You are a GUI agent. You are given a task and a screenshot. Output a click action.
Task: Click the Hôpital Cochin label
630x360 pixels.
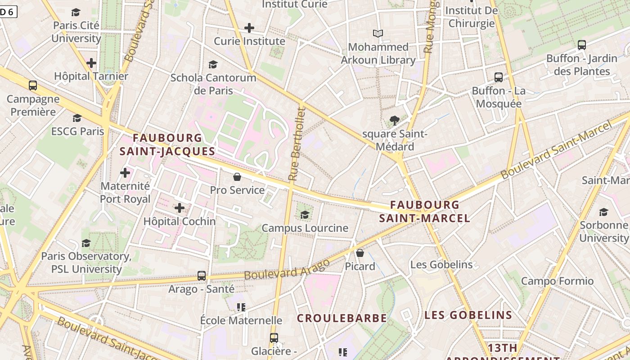[179, 221]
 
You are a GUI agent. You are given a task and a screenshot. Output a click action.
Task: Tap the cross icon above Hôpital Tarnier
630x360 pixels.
[91, 63]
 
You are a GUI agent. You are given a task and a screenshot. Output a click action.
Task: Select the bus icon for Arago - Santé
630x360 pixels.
[202, 275]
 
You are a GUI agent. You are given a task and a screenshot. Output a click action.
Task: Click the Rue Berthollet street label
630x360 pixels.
[296, 144]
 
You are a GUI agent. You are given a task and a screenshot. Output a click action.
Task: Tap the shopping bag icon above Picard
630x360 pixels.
[360, 253]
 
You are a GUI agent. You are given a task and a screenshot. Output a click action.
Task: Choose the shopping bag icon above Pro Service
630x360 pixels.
[237, 177]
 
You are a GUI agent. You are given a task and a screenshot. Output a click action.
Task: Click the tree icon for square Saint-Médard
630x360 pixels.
[395, 120]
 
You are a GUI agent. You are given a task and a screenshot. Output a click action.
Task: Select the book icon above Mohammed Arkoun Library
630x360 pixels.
[378, 33]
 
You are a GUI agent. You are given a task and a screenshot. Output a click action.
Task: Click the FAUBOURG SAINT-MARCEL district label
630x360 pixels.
[424, 211]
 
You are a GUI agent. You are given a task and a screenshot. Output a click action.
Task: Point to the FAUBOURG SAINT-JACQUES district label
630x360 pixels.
[167, 144]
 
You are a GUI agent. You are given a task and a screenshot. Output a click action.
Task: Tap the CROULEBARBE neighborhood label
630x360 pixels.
[342, 318]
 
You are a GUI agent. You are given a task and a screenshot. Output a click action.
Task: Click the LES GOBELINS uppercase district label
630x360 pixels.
[468, 315]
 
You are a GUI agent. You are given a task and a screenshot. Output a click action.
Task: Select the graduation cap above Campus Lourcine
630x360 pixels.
[305, 215]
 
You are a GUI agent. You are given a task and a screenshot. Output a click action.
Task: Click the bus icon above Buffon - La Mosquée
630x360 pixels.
[499, 77]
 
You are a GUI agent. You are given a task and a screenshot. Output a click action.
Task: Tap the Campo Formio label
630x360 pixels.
[557, 281]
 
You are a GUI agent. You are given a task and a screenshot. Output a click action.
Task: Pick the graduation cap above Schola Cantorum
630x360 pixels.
[213, 65]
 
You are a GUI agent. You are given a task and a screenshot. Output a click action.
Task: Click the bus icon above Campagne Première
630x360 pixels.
[33, 85]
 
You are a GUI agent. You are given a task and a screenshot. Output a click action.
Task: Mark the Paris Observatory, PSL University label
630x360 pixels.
[86, 263]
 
